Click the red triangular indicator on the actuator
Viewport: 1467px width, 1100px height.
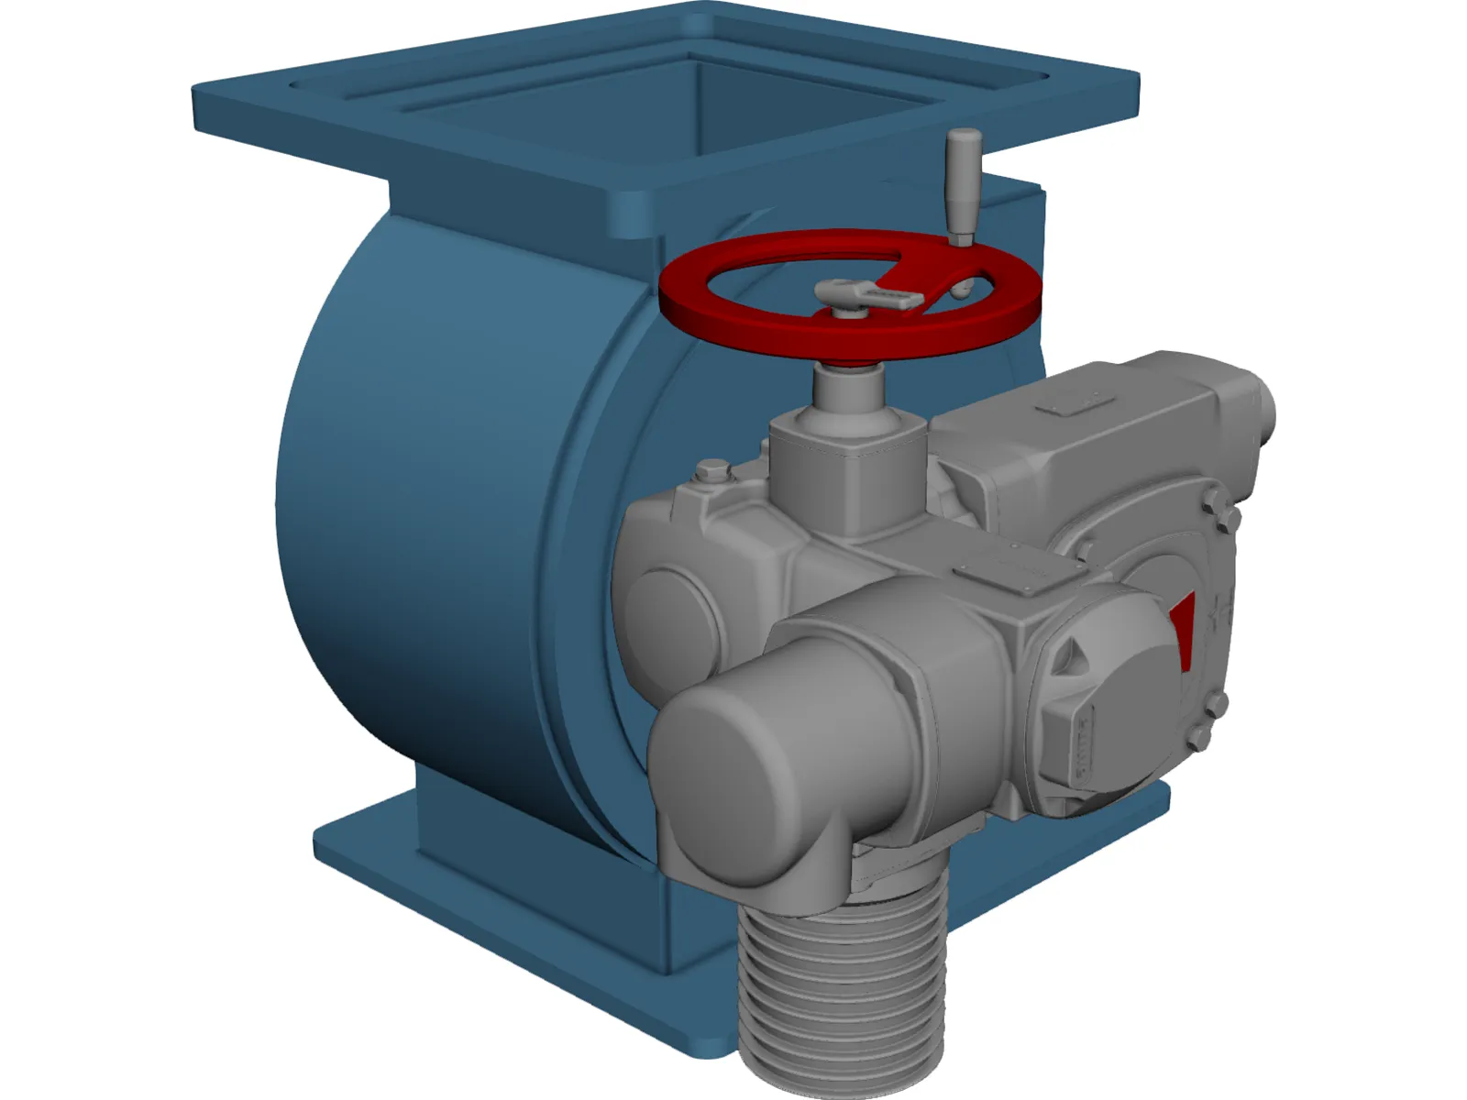pyautogui.click(x=1184, y=623)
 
